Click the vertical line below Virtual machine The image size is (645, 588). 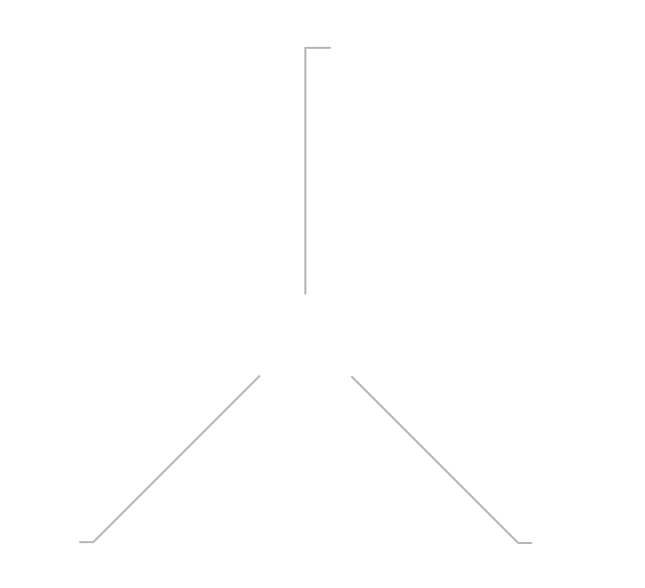tap(305, 171)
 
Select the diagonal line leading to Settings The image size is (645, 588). tap(176, 458)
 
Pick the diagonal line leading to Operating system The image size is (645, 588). tap(435, 459)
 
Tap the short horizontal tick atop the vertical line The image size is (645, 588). tap(318, 47)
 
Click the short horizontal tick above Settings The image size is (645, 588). tap(86, 541)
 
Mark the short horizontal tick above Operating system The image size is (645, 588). tap(525, 542)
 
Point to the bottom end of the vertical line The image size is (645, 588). tap(305, 293)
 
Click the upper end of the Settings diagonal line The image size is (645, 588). tap(260, 375)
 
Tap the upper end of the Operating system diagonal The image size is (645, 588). tap(351, 375)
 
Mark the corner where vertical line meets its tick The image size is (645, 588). tap(305, 47)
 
